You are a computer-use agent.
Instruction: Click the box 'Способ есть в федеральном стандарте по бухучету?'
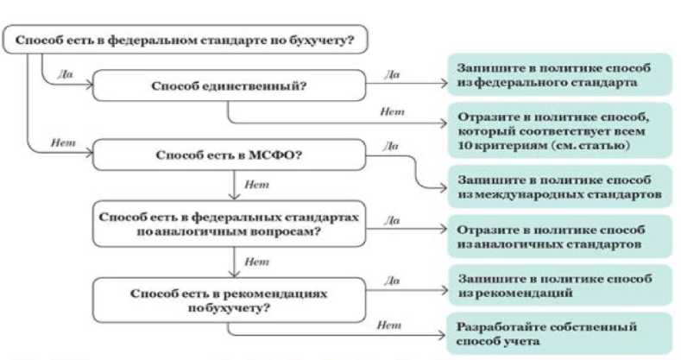click(186, 41)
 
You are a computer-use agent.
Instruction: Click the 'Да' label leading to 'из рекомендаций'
click(394, 280)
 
